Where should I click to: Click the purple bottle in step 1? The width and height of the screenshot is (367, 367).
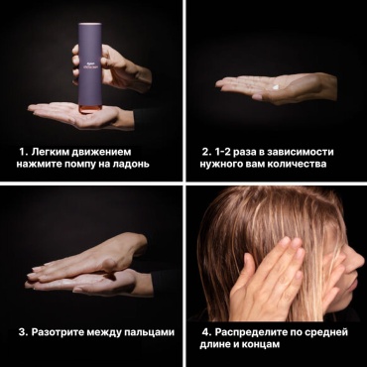(x=90, y=67)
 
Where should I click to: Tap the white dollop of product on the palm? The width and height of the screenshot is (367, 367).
(x=277, y=86)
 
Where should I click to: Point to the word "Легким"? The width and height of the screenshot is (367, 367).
(x=50, y=152)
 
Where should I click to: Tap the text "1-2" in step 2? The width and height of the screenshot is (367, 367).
(x=223, y=152)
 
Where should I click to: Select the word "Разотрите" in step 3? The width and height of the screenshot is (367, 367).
(x=58, y=332)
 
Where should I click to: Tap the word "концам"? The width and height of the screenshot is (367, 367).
(x=261, y=344)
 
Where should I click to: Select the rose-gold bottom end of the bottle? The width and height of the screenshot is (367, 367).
(x=90, y=108)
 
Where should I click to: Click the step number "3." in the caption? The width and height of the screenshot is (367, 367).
(x=23, y=332)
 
